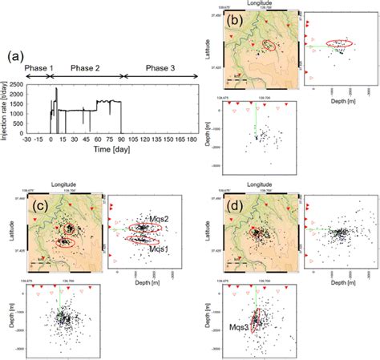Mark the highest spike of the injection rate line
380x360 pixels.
[x=56, y=89]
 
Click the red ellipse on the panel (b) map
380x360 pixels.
[x=272, y=47]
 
